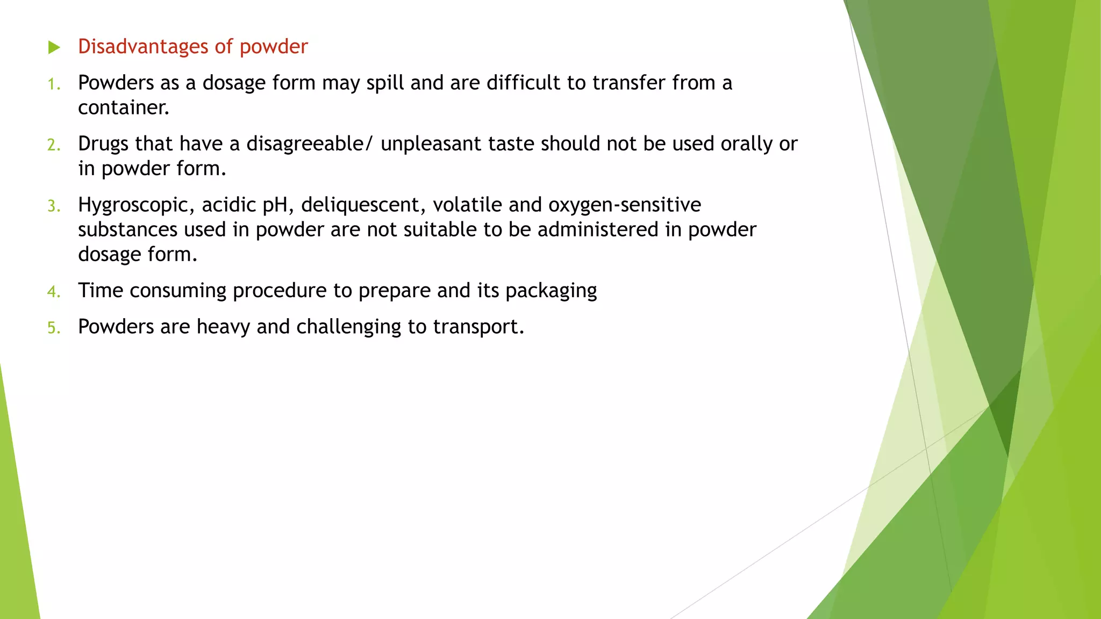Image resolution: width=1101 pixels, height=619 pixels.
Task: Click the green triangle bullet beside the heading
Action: pos(54,47)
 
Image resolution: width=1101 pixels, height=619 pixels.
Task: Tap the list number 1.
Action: pos(53,84)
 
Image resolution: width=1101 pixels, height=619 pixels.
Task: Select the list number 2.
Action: pos(53,145)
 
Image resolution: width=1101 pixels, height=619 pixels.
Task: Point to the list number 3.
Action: pos(53,206)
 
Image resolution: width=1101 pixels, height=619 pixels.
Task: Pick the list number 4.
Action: pos(53,292)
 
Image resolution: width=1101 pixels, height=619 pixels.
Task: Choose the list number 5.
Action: pos(53,328)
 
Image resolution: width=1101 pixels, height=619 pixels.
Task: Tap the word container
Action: pos(123,108)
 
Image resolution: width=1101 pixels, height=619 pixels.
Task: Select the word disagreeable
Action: pos(305,144)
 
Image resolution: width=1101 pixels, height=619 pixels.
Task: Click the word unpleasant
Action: pos(431,144)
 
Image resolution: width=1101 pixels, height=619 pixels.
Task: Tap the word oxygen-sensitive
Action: pos(625,205)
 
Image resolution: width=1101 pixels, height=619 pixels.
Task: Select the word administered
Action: pos(598,230)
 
